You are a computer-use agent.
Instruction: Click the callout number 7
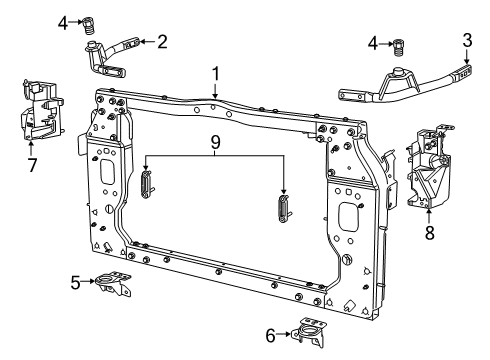pos(32,165)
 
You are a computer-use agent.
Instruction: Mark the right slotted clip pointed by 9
pos(283,211)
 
